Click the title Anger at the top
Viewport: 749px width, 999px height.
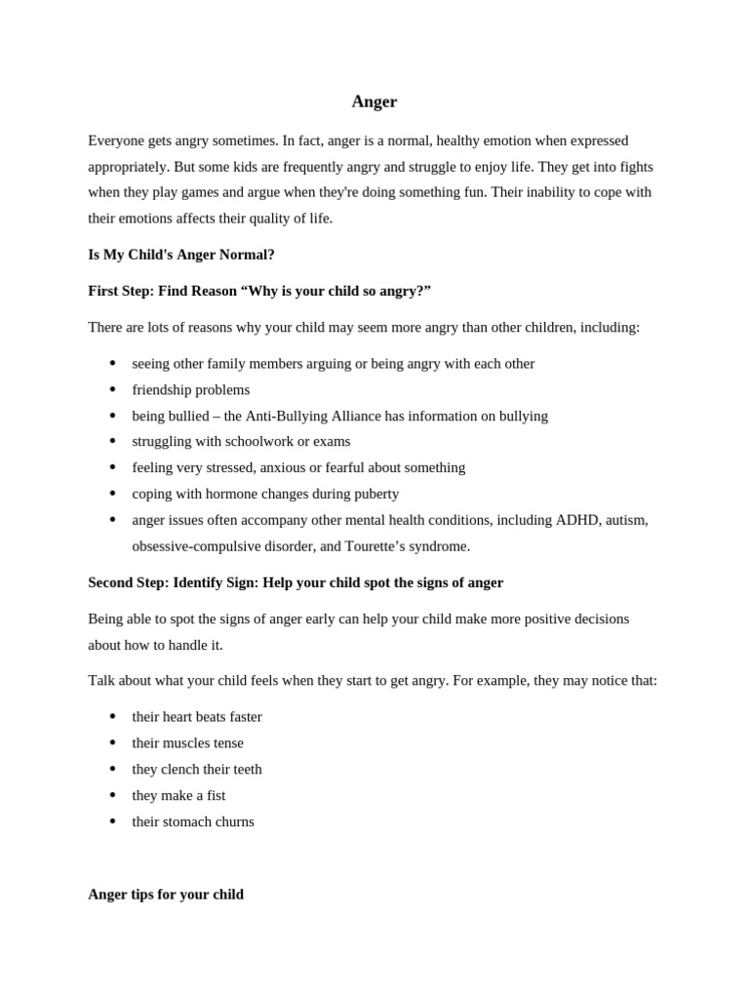[374, 101]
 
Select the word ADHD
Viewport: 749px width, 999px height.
[577, 520]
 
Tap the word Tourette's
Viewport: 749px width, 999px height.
[397, 546]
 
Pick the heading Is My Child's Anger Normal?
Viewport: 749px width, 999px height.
[181, 255]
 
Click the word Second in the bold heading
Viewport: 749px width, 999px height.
[112, 582]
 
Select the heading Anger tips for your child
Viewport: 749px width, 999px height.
[166, 895]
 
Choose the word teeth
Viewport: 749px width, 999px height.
[246, 769]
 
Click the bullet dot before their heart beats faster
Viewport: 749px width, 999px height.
[113, 717]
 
